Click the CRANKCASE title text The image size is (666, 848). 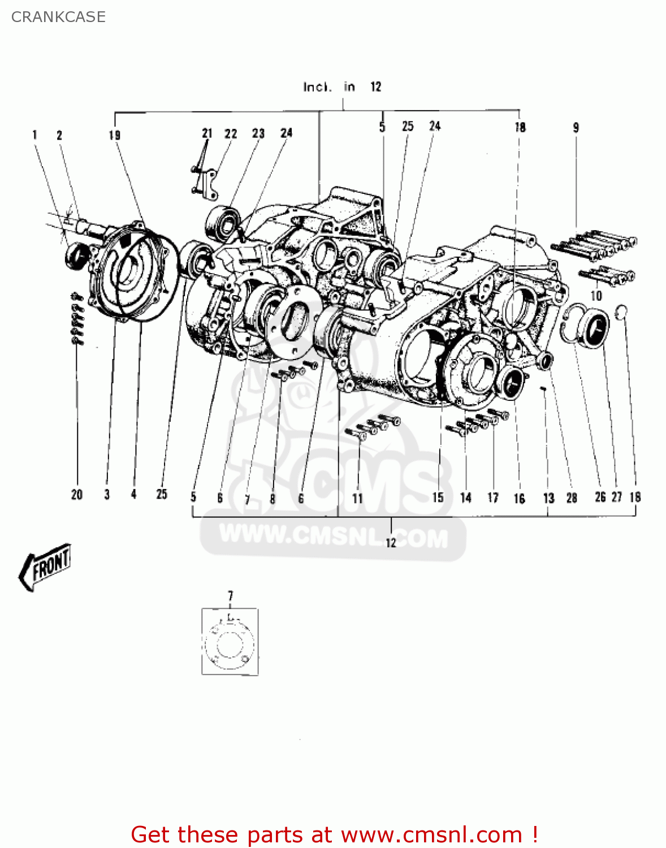pos(58,17)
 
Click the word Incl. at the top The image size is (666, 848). pos(317,87)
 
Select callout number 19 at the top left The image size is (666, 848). pos(115,135)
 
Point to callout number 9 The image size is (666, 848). pos(576,128)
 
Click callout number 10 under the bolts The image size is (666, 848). pos(596,296)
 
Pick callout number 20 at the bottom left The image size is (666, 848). pos(77,495)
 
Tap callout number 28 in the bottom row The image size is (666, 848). pos(572,498)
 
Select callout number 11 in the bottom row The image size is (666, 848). pos(357,499)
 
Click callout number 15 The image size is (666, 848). pos(438,498)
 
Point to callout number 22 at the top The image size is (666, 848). pos(231,134)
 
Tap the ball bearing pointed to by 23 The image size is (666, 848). pos(222,222)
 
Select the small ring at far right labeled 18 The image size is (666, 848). pos(621,311)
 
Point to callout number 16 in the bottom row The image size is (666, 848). pos(519,499)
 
